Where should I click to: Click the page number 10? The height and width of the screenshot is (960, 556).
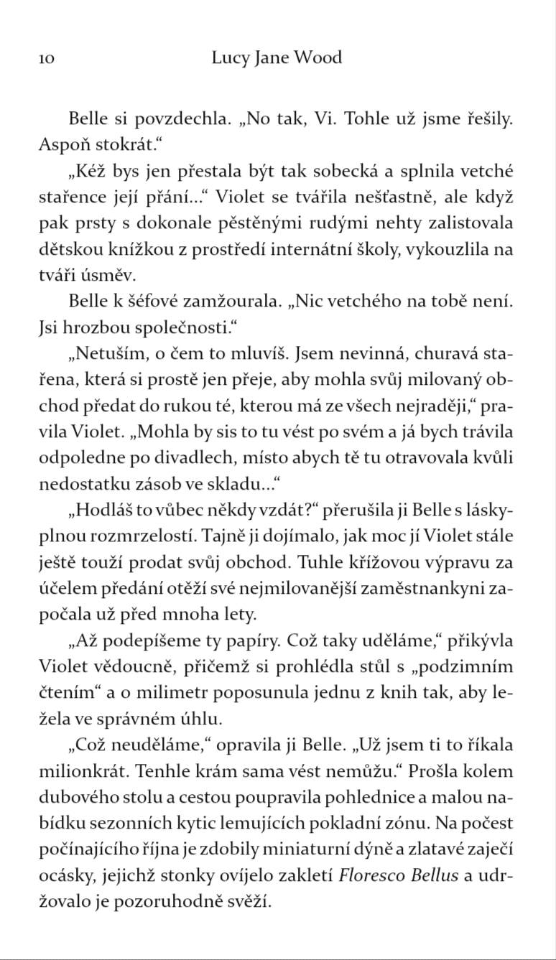(x=46, y=59)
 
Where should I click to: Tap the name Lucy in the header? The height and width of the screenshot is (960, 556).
(x=229, y=58)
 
